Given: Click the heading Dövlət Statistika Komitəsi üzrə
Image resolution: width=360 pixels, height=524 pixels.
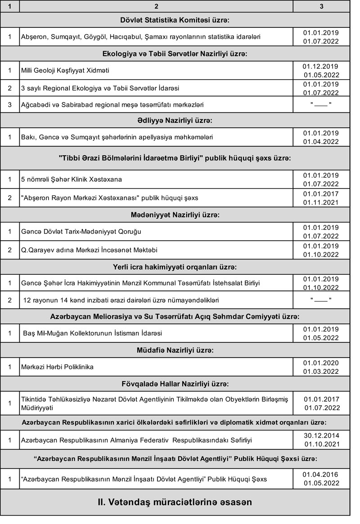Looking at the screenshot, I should (x=175, y=20).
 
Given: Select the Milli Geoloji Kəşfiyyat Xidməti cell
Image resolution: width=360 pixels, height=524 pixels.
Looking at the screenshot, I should (x=65, y=71).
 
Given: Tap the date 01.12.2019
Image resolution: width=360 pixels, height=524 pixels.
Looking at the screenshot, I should (x=321, y=66).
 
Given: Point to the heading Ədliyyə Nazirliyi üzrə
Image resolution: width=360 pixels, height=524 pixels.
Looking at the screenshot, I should (x=175, y=121).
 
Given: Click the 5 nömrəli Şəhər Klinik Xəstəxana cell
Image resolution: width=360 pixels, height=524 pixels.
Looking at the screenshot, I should (x=72, y=179).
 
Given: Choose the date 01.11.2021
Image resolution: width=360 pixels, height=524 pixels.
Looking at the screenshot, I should (x=321, y=202).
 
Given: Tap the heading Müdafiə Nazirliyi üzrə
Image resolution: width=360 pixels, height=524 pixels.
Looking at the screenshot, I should (x=175, y=349).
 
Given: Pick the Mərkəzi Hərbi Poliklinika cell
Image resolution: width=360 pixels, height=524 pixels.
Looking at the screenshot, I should (x=58, y=367).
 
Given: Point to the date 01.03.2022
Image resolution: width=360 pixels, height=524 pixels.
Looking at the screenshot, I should (x=321, y=372).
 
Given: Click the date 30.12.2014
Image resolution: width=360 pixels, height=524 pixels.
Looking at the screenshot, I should (x=321, y=435).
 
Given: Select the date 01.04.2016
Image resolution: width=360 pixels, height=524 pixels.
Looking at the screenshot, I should (x=321, y=475).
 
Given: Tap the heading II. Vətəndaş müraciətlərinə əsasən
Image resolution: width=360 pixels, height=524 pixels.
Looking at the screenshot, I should (x=175, y=502).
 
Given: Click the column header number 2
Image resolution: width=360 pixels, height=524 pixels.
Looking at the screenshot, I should (x=156, y=6).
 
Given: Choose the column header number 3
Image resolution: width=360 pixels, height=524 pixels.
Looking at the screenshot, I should (x=321, y=6).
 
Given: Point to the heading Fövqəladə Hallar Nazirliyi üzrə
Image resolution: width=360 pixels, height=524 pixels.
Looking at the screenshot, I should (x=175, y=384).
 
